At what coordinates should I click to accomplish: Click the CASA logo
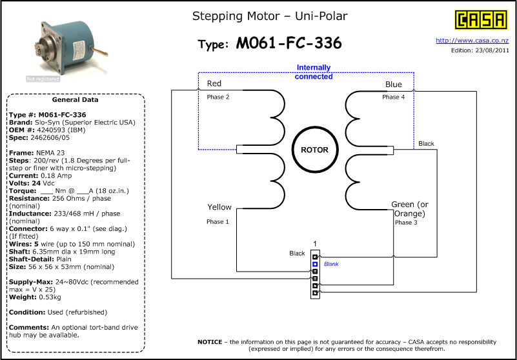pos(481,20)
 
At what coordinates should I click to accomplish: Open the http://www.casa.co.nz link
pos(472,41)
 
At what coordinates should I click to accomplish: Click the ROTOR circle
pos(315,150)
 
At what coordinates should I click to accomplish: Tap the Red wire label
pos(214,83)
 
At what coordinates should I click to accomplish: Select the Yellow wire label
pos(219,207)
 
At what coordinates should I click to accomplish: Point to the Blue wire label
pos(393,85)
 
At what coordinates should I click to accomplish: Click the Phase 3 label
pos(406,223)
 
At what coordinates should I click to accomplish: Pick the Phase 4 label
pos(393,97)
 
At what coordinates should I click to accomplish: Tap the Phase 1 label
pos(218,222)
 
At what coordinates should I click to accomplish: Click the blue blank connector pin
pos(315,264)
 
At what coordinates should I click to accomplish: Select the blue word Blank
pos(331,264)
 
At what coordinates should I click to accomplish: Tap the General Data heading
pos(75,99)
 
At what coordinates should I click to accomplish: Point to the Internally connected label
pos(314,72)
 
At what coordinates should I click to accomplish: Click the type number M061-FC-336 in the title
pos(289,43)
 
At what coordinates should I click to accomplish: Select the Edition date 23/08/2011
pos(492,50)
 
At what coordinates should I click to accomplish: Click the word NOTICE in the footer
pos(210,342)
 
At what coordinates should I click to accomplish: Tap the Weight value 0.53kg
pos(50,297)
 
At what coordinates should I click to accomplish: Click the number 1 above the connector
pos(315,244)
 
